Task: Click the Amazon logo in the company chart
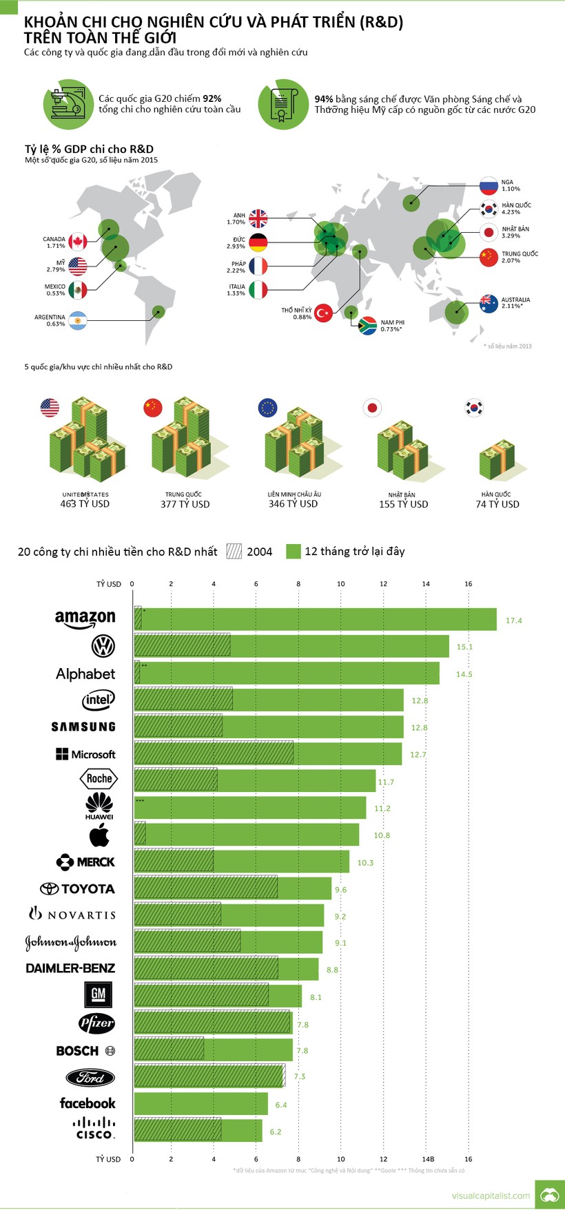(x=85, y=618)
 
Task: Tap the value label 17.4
(x=513, y=620)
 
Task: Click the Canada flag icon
(x=78, y=242)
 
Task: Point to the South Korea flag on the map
(x=489, y=209)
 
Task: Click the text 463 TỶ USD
(x=85, y=504)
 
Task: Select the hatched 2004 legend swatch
(x=234, y=551)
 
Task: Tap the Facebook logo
(x=88, y=1103)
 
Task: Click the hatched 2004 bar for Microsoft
(x=214, y=753)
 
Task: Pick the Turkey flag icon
(x=323, y=313)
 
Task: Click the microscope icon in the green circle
(x=68, y=104)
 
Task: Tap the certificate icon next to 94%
(x=282, y=105)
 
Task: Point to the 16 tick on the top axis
(x=469, y=584)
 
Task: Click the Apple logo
(x=99, y=835)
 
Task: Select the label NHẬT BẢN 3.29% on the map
(x=515, y=232)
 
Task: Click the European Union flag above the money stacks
(x=267, y=408)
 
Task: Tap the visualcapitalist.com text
(x=491, y=1196)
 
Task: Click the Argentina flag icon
(x=78, y=320)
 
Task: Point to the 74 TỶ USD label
(x=497, y=504)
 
